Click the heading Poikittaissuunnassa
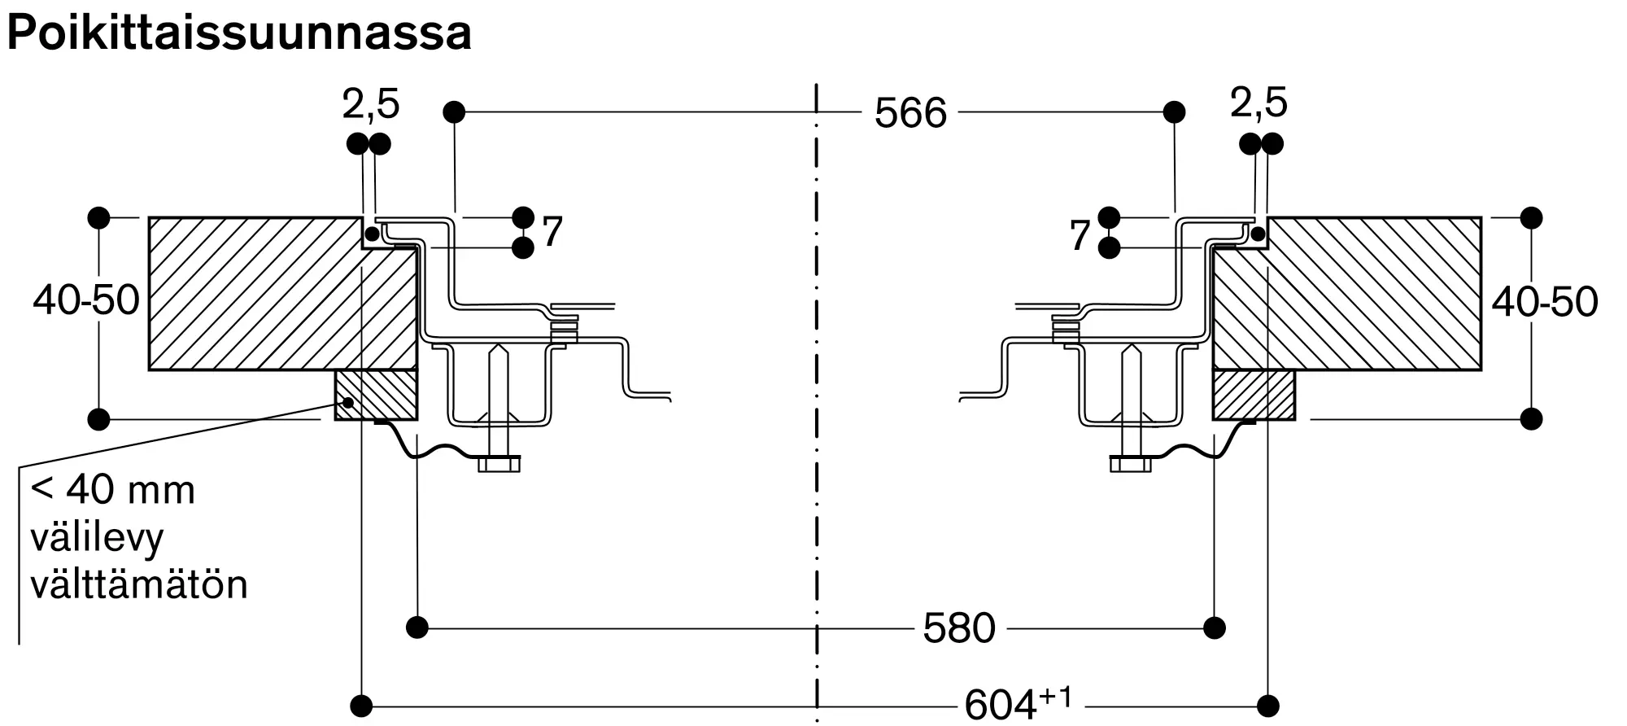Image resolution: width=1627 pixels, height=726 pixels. tap(238, 34)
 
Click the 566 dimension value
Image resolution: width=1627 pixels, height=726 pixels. tap(910, 113)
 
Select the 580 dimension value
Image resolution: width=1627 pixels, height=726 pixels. tap(959, 628)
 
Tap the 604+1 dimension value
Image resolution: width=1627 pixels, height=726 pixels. tap(1017, 703)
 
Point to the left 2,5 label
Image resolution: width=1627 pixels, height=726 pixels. tap(370, 104)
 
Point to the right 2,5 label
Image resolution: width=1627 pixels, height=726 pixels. tap(1258, 103)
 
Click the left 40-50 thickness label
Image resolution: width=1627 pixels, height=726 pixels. tap(86, 300)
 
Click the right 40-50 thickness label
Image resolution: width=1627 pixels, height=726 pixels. tap(1544, 302)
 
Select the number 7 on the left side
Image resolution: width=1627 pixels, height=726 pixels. tap(552, 233)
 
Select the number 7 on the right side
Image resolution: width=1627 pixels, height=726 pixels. tap(1080, 236)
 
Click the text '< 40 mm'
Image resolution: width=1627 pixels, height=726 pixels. tap(112, 491)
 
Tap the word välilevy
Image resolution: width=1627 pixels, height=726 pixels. tap(97, 538)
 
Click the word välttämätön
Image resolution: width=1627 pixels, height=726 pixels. tap(138, 585)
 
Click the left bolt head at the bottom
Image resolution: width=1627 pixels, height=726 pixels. tap(499, 464)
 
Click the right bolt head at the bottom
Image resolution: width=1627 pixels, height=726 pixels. tap(1131, 464)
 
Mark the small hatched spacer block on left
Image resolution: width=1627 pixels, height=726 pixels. tap(376, 396)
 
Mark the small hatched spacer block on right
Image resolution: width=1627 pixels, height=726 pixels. tap(1254, 396)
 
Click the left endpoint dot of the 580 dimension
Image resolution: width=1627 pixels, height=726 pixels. tap(417, 628)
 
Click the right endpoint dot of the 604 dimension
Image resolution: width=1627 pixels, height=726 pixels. tap(1267, 705)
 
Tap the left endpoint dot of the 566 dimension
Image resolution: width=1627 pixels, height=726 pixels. tap(454, 112)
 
